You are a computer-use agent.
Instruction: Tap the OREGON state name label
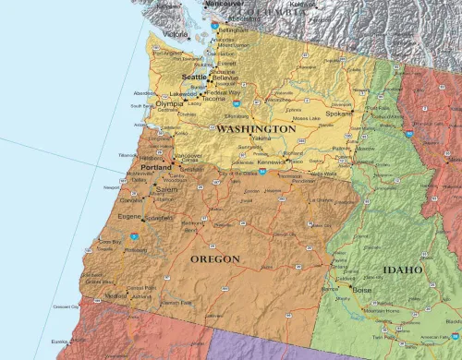[x=215, y=259]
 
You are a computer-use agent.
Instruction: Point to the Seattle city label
[x=195, y=77]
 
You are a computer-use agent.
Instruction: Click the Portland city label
[x=157, y=167]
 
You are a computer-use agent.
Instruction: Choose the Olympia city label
[x=170, y=103]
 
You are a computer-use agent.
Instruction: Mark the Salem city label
[x=166, y=189]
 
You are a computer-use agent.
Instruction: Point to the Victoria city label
[x=176, y=34]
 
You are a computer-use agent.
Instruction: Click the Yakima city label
[x=261, y=138]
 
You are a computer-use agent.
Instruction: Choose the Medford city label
[x=115, y=296]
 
